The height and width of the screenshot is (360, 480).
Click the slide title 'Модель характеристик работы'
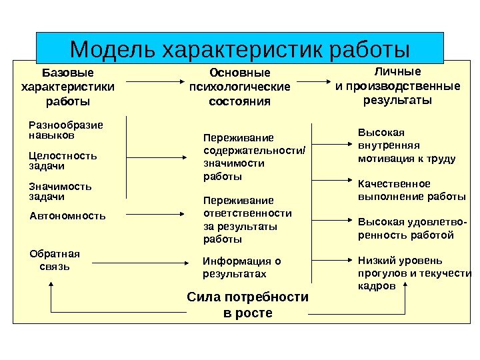pyautogui.click(x=239, y=49)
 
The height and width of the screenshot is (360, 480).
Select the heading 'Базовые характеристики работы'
pyautogui.click(x=68, y=87)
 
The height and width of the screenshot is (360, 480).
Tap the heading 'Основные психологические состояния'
pyautogui.click(x=240, y=87)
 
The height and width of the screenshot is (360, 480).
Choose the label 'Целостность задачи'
pyautogui.click(x=63, y=161)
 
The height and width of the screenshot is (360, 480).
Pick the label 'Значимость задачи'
pyautogui.click(x=61, y=191)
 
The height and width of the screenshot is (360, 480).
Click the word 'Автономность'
pyautogui.click(x=68, y=216)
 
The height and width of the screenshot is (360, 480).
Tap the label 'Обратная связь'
pyautogui.click(x=55, y=260)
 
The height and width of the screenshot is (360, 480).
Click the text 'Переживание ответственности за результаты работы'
pyautogui.click(x=247, y=219)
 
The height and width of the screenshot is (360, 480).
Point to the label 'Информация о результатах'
pyautogui.click(x=242, y=267)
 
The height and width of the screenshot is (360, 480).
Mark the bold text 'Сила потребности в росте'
pyautogui.click(x=247, y=305)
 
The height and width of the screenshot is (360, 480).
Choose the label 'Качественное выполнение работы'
pyautogui.click(x=412, y=190)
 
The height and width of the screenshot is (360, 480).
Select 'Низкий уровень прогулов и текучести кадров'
pyautogui.click(x=414, y=273)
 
